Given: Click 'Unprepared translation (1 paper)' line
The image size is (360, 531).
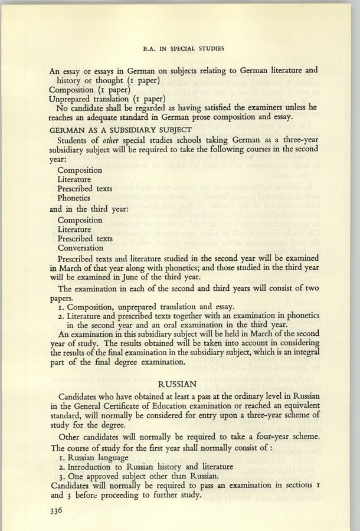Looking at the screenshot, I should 105,99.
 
